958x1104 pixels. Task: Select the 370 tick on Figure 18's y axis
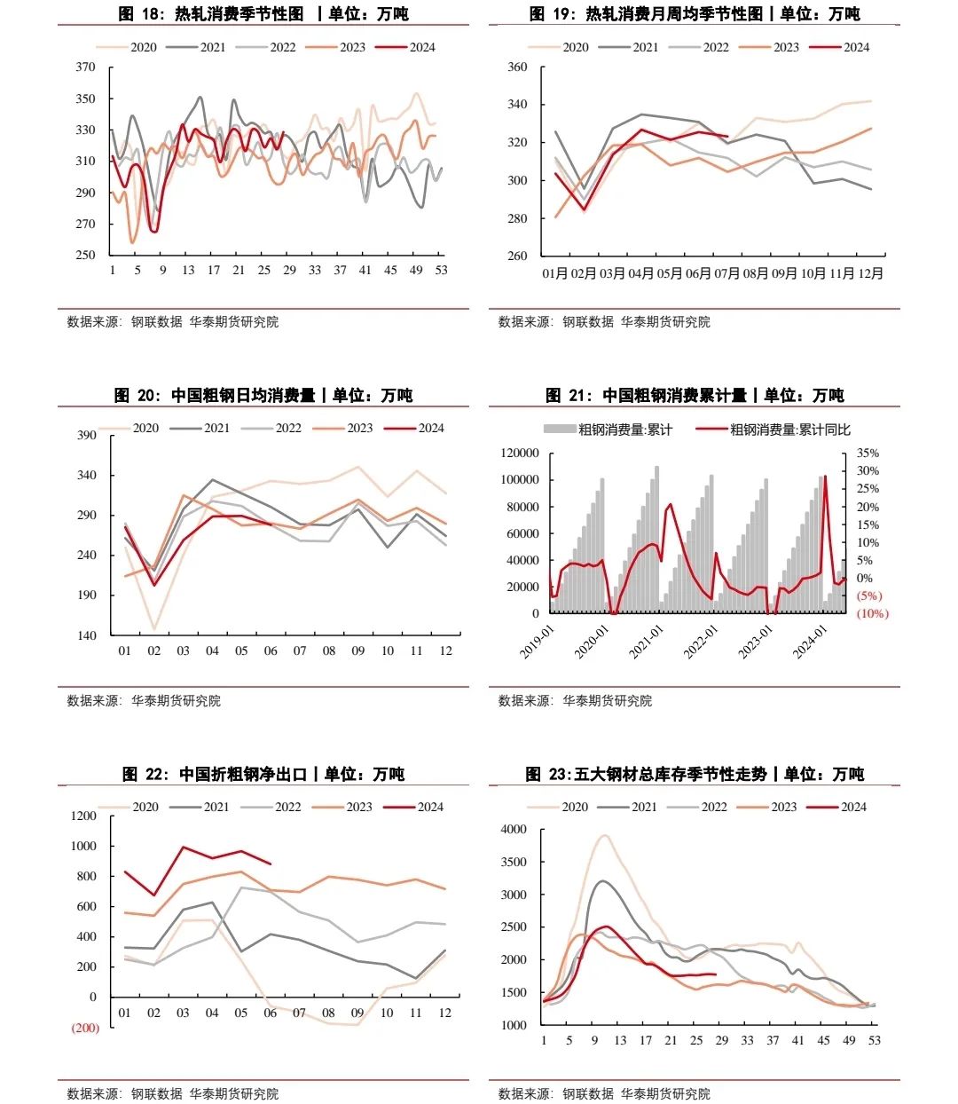[x=86, y=67]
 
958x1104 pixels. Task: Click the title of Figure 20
[x=263, y=395]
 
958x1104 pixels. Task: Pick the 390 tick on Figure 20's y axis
[x=87, y=435]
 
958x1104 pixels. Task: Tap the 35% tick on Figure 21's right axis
[x=868, y=453]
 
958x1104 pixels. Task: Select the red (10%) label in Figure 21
[x=872, y=613]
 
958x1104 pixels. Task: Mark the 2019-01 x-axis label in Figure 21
[x=537, y=641]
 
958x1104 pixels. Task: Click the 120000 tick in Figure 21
[x=520, y=453]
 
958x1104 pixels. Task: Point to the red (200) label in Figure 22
[x=85, y=1028]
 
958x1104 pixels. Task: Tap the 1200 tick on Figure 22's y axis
[x=84, y=816]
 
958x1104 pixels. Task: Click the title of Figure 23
[x=695, y=774]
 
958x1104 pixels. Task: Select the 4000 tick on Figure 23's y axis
[x=514, y=830]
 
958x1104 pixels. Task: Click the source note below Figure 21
[x=575, y=700]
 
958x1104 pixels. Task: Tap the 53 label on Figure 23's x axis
[x=875, y=1040]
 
